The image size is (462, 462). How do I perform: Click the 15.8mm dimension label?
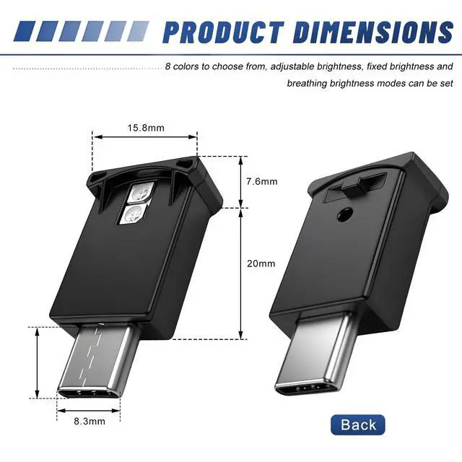[146, 128]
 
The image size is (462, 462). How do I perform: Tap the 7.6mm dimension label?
[262, 181]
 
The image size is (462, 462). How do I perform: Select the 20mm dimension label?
[261, 263]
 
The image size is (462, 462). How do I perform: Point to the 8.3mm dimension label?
[90, 422]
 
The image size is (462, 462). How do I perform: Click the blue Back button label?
[358, 424]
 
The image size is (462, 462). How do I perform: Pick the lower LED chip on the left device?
[134, 214]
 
